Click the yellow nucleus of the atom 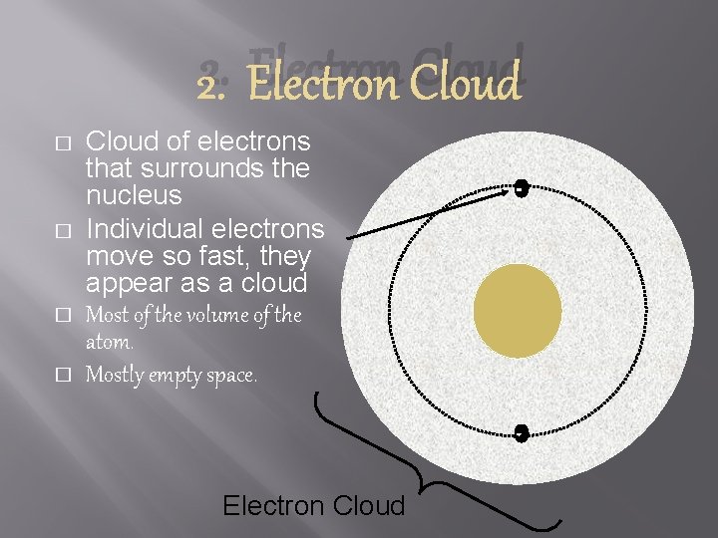coord(518,309)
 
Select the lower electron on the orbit coord(520,431)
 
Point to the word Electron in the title coord(312,84)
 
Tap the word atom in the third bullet coord(110,342)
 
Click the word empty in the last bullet coord(179,377)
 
